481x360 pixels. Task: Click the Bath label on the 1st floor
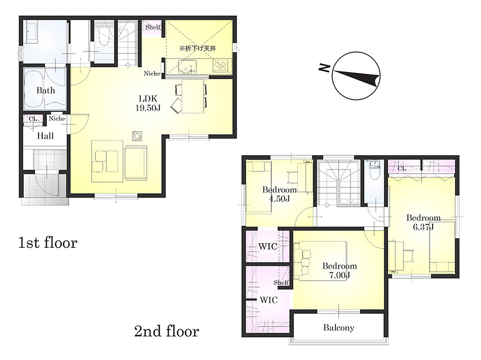pos(46,91)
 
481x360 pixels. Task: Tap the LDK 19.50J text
pos(148,103)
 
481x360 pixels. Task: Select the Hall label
pos(46,136)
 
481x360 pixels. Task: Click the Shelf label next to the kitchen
pos(153,27)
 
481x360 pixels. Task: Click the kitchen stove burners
pos(221,65)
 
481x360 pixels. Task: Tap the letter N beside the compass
pos(324,68)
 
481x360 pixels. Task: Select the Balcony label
pos(339,328)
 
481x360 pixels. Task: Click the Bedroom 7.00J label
pos(339,270)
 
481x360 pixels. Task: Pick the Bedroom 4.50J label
pos(279,194)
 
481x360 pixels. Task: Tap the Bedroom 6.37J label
pos(423,222)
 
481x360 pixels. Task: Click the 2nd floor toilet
pos(373,170)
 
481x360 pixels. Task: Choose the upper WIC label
pos(267,246)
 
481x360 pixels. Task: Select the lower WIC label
pos(269,300)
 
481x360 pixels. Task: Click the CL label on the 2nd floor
pos(402,169)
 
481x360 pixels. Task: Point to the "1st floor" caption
pos(48,243)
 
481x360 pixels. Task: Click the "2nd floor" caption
pos(167,331)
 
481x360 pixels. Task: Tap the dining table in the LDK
pos(193,96)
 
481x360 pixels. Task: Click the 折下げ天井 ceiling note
pos(198,48)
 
